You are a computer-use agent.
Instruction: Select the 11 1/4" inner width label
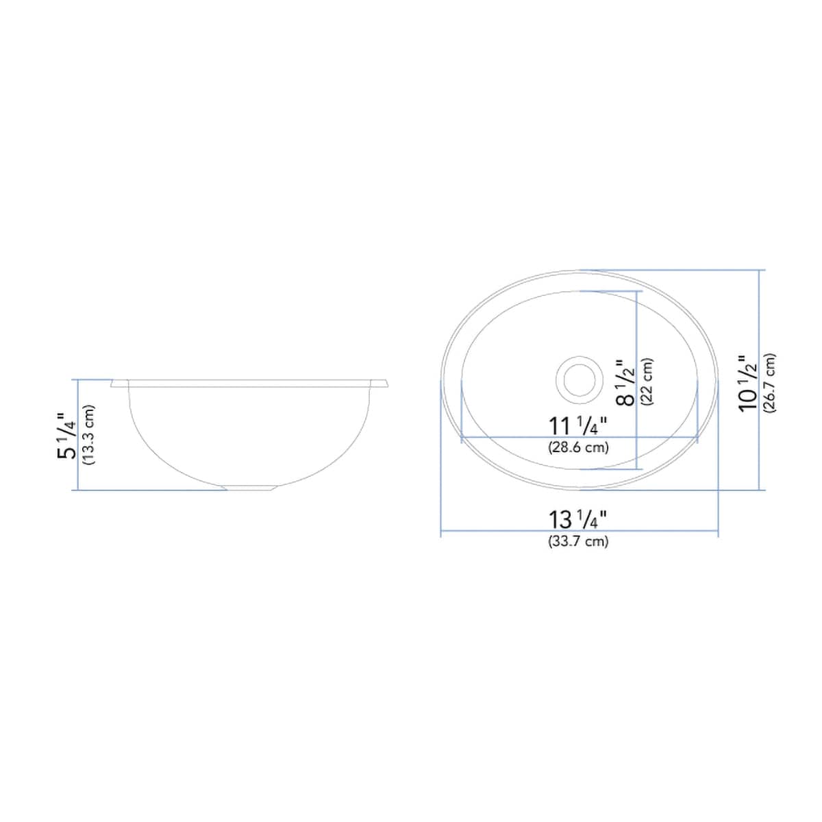tap(578, 426)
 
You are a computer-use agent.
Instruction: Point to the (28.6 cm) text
tap(578, 448)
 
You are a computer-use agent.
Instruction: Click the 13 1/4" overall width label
tap(578, 520)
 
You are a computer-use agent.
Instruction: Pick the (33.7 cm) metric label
tap(578, 541)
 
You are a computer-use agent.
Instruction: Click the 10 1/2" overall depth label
tap(748, 382)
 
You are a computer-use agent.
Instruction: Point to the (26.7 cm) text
tap(770, 382)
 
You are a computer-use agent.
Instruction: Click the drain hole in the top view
tap(580, 377)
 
